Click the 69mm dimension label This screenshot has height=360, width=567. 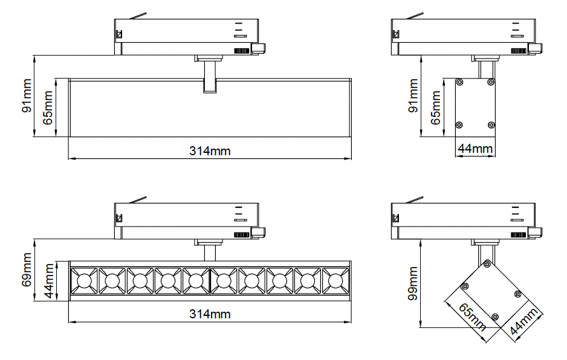tap(27, 270)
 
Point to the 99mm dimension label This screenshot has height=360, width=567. tap(413, 284)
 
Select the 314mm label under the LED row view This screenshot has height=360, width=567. tap(210, 313)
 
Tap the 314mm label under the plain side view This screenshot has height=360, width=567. tap(210, 151)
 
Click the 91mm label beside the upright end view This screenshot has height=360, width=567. tap(413, 96)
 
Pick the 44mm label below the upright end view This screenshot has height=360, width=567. tap(475, 149)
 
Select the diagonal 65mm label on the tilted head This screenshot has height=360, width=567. tap(472, 317)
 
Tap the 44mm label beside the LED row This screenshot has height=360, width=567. tap(49, 281)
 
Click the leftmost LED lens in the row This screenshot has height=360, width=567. tap(84, 280)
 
